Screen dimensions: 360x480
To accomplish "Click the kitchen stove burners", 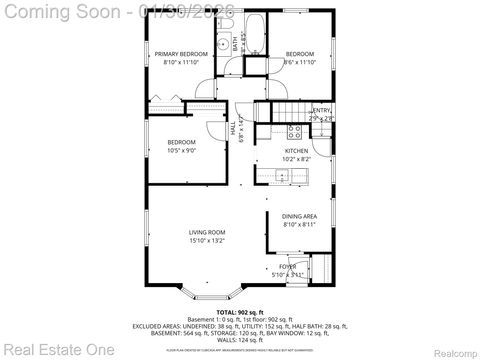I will (x=295, y=131).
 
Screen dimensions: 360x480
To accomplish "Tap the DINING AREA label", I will (x=299, y=216).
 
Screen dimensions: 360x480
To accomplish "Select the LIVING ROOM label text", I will (x=207, y=233).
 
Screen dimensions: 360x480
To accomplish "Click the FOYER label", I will (x=287, y=267).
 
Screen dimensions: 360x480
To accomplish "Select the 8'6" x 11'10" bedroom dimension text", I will (x=299, y=62).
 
